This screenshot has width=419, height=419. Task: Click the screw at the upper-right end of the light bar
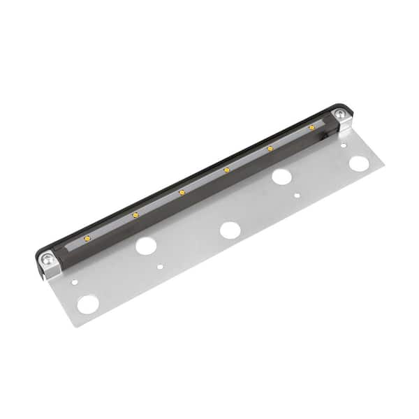tap(339, 114)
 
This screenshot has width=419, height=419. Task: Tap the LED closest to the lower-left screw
tap(87, 237)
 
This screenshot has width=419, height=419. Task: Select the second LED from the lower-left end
tap(135, 214)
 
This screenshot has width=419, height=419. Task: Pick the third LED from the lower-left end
tap(182, 191)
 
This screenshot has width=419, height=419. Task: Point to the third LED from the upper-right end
tap(226, 169)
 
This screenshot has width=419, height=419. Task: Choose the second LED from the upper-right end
tap(270, 148)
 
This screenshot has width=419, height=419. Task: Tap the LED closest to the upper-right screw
tap(311, 127)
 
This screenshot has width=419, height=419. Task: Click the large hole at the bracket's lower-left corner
tap(88, 304)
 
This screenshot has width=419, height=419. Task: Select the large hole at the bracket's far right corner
tap(359, 163)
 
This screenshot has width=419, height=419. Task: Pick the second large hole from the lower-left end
tap(145, 245)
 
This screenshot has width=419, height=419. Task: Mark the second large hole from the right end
tap(281, 176)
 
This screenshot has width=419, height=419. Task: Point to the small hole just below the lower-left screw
tap(75, 283)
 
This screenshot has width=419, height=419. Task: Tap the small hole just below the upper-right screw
tap(343, 145)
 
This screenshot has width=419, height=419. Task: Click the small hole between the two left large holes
tap(161, 266)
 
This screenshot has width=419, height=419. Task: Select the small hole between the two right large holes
tap(297, 196)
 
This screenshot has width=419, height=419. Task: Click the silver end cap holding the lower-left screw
tap(49, 264)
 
